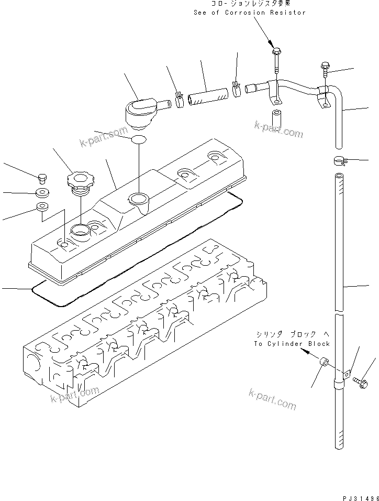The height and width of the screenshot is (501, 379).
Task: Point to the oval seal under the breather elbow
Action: (138, 140)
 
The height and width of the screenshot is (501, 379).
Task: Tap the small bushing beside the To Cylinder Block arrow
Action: (324, 362)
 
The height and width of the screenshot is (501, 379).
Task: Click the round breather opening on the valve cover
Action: (138, 199)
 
